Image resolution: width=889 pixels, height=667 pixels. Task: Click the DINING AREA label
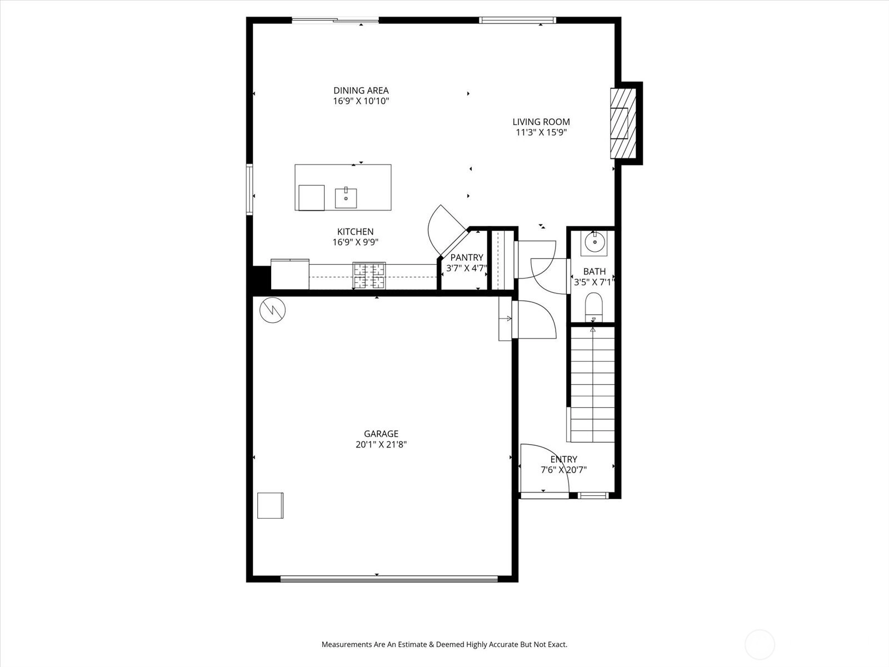361,90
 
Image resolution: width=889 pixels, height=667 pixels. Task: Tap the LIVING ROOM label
541,122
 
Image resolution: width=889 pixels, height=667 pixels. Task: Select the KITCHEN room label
355,232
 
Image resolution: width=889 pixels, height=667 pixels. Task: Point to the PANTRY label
467,257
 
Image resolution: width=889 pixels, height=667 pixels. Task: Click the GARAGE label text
381,434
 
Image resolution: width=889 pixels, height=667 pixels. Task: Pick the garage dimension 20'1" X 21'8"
381,445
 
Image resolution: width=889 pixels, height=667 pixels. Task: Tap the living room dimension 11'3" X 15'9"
541,132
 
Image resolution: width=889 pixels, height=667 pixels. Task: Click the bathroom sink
595,243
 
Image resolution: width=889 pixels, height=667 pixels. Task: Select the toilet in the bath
594,307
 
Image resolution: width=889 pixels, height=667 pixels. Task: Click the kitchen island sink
346,198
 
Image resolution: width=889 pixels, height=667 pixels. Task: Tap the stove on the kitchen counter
369,276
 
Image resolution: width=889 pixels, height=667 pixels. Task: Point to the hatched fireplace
623,123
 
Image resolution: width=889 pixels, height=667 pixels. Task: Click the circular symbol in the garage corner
273,310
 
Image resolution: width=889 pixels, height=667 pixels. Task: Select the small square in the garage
270,505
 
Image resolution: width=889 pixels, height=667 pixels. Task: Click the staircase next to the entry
592,384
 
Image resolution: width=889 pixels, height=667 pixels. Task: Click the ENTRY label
564,459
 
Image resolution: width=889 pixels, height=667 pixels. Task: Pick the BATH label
595,271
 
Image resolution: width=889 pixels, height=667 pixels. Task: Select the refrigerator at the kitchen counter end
290,274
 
